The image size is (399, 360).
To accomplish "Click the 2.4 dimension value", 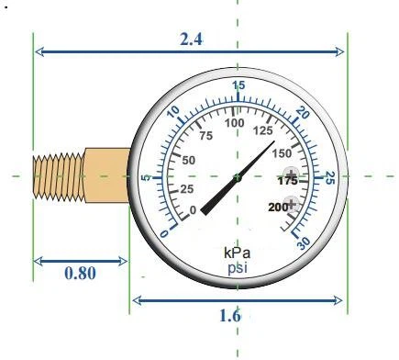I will pyautogui.click(x=190, y=39).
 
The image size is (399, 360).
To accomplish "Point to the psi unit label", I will pyautogui.click(x=238, y=267).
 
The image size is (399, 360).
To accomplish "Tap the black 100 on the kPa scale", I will pyautogui.click(x=235, y=123).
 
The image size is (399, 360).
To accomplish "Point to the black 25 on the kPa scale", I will pyautogui.click(x=186, y=189).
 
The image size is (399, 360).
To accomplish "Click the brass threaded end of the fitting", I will pyautogui.click(x=57, y=178).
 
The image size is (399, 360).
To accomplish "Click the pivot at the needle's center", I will pyautogui.click(x=238, y=177).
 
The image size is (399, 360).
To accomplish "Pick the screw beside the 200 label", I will pyautogui.click(x=292, y=204).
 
